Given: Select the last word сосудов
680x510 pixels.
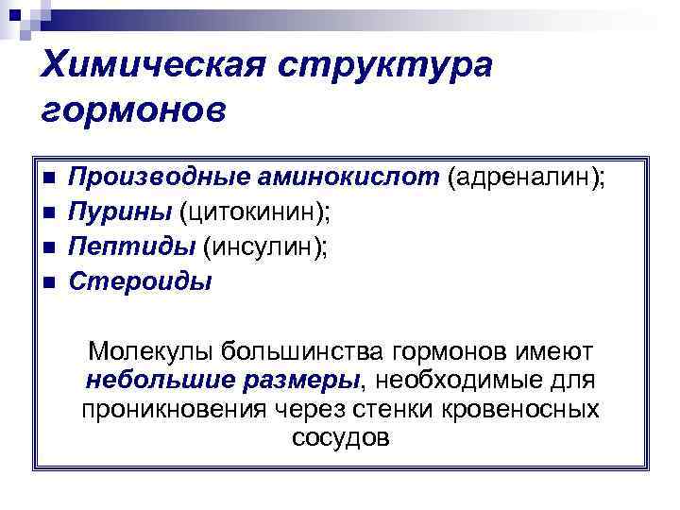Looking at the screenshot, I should click(x=340, y=439).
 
